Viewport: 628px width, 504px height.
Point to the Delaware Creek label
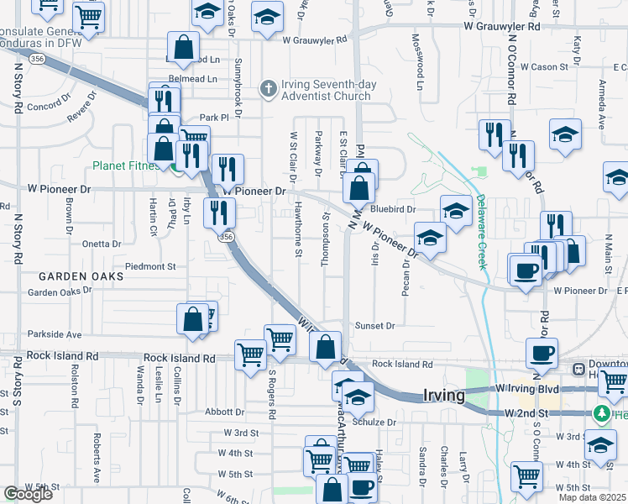coord(482,232)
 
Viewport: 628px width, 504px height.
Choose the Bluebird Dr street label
coord(393,208)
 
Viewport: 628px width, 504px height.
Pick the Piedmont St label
coord(149,266)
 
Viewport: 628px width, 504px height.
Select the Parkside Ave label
coord(55,333)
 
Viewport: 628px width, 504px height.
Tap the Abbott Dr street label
coord(224,412)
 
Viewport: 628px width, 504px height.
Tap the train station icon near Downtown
coord(578,369)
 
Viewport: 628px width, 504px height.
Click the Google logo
coord(28,495)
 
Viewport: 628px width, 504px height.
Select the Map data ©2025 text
coord(592,497)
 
